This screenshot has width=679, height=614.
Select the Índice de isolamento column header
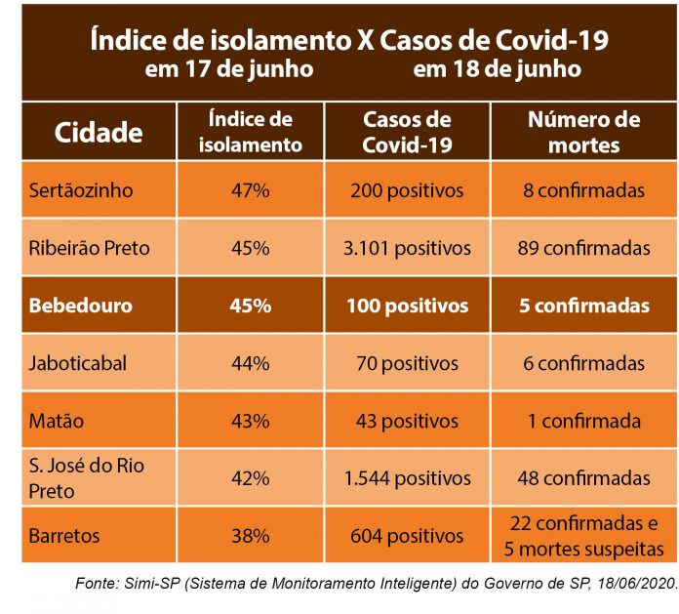pyautogui.click(x=251, y=132)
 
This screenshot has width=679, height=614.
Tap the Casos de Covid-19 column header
pyautogui.click(x=407, y=132)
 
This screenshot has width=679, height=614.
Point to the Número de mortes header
pyautogui.click(x=583, y=132)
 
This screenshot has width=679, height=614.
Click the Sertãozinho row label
pyautogui.click(x=81, y=190)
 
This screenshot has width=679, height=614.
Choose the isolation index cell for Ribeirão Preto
pyautogui.click(x=251, y=248)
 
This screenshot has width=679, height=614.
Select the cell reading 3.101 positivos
pyautogui.click(x=407, y=248)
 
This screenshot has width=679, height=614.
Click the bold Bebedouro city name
pyautogui.click(x=81, y=306)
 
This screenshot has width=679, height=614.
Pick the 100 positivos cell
pyautogui.click(x=407, y=306)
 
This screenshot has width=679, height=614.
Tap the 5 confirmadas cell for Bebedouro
pyautogui.click(x=583, y=306)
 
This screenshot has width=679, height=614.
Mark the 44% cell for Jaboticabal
pyautogui.click(x=251, y=363)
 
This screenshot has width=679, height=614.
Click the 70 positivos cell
pyautogui.click(x=407, y=363)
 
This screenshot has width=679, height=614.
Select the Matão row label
pyautogui.click(x=57, y=421)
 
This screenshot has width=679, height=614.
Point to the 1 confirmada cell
pyautogui.click(x=583, y=421)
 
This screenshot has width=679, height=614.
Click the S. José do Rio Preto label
pyautogui.click(x=86, y=478)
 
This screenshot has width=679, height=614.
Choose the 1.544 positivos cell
pyautogui.click(x=407, y=478)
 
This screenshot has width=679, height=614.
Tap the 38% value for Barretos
pyautogui.click(x=251, y=536)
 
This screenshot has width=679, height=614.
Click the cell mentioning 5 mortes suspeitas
pyautogui.click(x=583, y=548)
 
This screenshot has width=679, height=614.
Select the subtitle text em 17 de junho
pyautogui.click(x=229, y=69)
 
